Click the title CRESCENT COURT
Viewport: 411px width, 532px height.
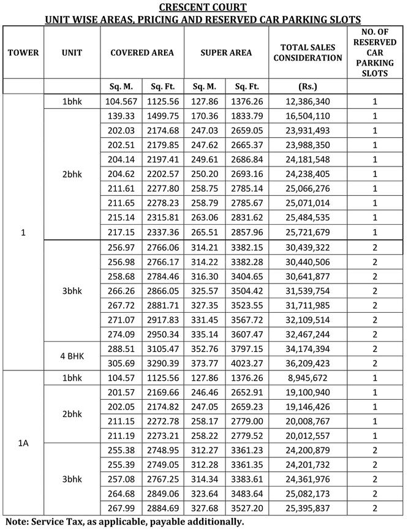[203, 7]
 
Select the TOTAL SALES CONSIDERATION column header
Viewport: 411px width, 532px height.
[307, 53]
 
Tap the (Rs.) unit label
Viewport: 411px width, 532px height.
[307, 86]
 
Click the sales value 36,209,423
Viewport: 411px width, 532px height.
[307, 363]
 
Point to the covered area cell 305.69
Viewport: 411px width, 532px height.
[122, 363]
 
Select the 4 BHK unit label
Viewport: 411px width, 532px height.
[72, 356]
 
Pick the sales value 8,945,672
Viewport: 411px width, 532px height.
[307, 378]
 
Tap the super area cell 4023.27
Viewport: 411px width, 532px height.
[247, 363]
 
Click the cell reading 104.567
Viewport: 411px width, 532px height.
[122, 101]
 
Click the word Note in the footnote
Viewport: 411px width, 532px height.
[17, 522]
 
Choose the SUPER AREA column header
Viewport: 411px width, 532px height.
[226, 53]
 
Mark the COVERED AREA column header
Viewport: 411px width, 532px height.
[142, 53]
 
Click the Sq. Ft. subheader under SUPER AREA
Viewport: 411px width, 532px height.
[247, 86]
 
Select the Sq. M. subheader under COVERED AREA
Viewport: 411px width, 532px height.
[122, 86]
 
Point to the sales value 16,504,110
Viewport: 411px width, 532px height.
[307, 116]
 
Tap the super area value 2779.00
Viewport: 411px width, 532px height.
[247, 421]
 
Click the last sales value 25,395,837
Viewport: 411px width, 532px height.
[307, 508]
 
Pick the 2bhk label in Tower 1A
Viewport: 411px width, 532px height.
[72, 414]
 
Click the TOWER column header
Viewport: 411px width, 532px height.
[23, 53]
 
